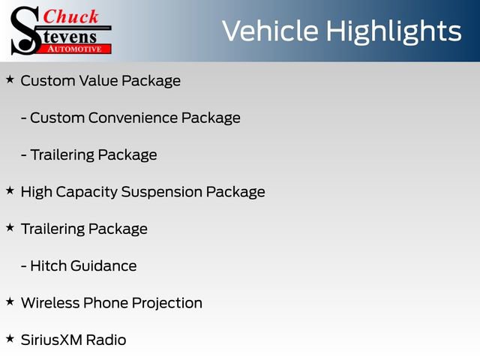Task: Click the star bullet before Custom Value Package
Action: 10,79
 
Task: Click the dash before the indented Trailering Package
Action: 25,155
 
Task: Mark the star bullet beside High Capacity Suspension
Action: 10,190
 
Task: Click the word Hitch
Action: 47,265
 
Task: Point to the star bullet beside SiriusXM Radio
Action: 10,339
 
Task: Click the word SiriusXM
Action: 51,340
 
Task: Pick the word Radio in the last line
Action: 106,340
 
